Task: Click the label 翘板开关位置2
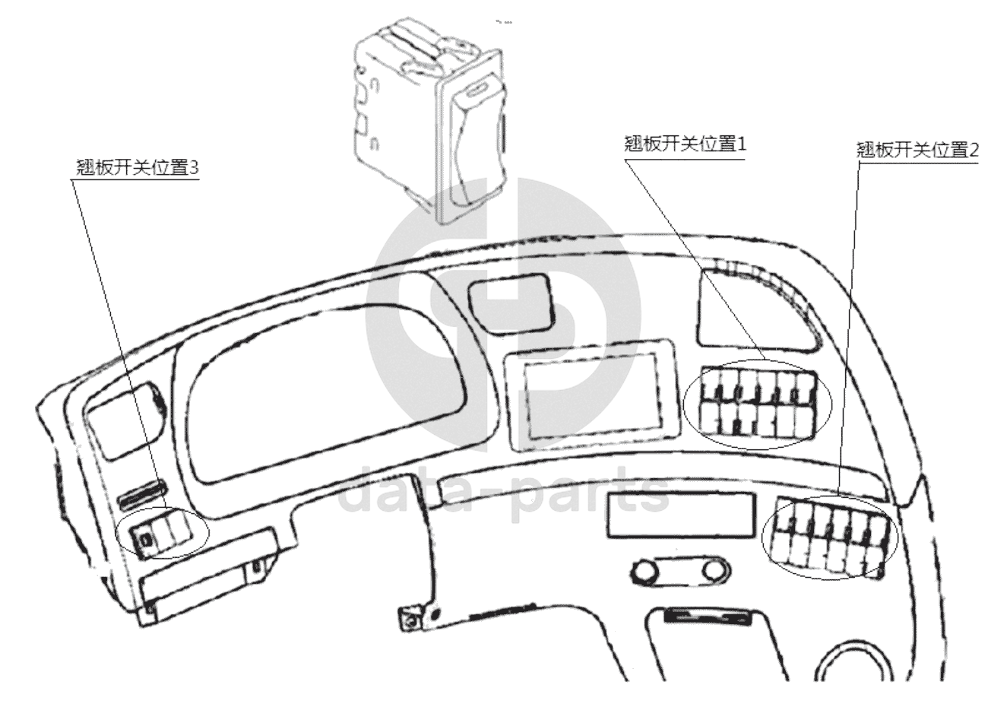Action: pyautogui.click(x=917, y=149)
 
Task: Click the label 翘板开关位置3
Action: pyautogui.click(x=138, y=167)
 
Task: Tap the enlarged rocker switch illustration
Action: pyautogui.click(x=430, y=122)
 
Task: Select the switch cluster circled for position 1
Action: pyautogui.click(x=757, y=403)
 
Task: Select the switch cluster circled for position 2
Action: pyautogui.click(x=828, y=536)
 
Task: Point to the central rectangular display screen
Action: pyautogui.click(x=591, y=397)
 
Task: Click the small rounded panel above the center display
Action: pyautogui.click(x=508, y=305)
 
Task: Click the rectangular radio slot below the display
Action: pyautogui.click(x=680, y=515)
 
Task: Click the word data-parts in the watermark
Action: pyautogui.click(x=502, y=494)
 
